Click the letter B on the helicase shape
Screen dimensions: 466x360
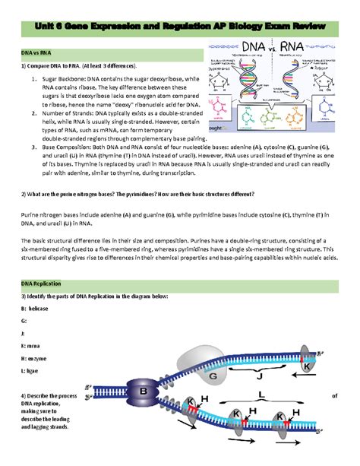click(142, 392)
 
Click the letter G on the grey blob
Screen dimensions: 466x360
click(214, 376)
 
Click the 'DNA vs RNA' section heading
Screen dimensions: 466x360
click(36, 54)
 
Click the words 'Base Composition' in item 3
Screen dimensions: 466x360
click(74, 147)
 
